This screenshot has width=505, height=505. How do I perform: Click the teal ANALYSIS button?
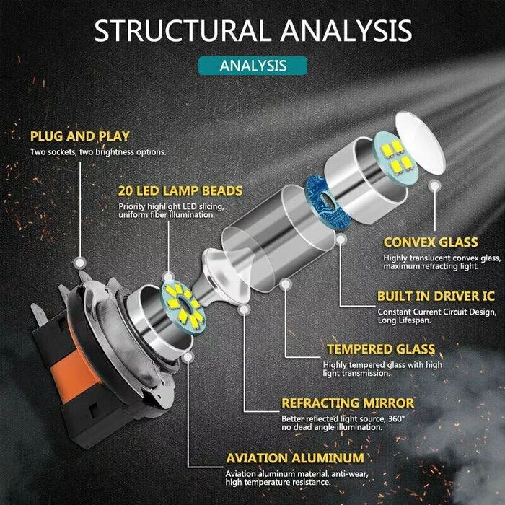[x=252, y=65]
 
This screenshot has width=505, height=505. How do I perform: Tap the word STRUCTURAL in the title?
[x=181, y=31]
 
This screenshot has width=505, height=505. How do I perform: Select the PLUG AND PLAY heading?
[x=79, y=136]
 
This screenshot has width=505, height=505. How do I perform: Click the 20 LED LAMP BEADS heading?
[x=180, y=191]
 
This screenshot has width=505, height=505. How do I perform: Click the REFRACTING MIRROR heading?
[x=348, y=403]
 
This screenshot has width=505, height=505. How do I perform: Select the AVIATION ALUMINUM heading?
[x=294, y=457]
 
